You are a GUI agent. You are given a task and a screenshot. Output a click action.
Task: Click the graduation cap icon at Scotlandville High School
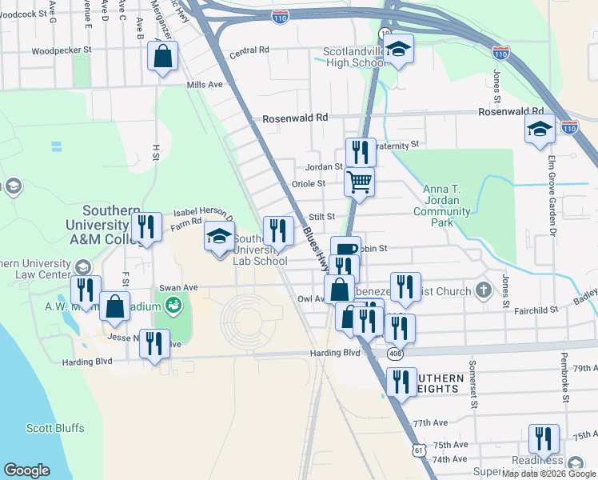[x=397, y=50]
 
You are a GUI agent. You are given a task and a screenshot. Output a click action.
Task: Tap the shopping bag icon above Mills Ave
[x=162, y=57]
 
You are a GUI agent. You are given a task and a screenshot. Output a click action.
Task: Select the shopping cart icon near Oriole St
[x=359, y=182]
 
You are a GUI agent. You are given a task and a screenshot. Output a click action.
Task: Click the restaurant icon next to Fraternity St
[x=361, y=152]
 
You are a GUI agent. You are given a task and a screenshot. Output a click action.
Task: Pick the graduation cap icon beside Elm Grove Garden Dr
[x=540, y=129]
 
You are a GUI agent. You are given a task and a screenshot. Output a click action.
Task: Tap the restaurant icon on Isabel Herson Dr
[x=146, y=227]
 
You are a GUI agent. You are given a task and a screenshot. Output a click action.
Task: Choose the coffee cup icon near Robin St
[x=345, y=250]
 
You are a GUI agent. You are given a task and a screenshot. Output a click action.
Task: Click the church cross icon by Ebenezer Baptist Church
[x=482, y=289]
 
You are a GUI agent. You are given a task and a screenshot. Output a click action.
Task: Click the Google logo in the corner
[x=27, y=470]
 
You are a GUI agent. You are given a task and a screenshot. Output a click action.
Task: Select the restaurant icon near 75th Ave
[x=544, y=438]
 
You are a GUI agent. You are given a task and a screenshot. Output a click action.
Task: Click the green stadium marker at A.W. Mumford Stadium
[x=173, y=305]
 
